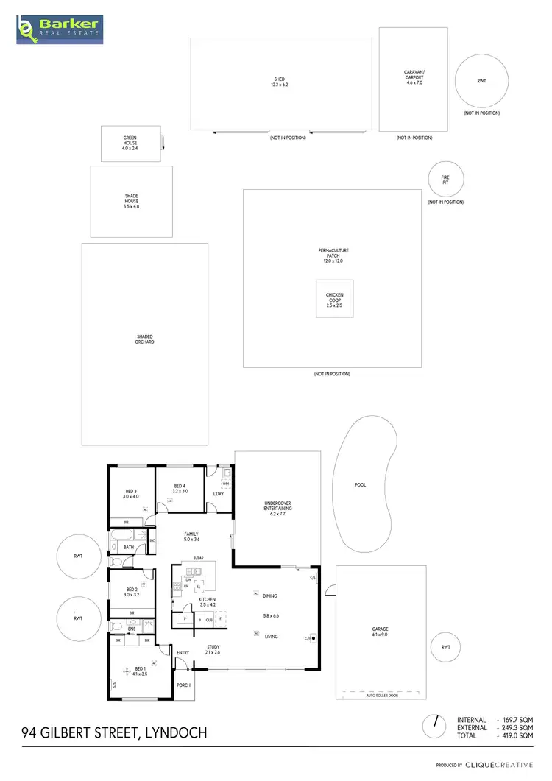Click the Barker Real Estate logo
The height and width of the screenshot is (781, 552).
[60, 30]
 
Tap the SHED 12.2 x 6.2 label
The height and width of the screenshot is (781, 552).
[279, 82]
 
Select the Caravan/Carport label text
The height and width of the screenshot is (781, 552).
[414, 77]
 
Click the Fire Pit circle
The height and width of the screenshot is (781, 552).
[445, 179]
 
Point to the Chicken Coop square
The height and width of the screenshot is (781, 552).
[335, 298]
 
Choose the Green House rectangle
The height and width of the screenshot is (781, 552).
[130, 144]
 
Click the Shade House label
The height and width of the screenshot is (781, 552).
[131, 202]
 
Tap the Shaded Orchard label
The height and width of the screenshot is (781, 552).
[144, 339]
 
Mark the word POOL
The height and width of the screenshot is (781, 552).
[360, 485]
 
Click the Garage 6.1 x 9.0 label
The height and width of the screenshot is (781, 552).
[381, 632]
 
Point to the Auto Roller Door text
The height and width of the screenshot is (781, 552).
[381, 694]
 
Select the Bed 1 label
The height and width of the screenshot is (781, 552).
[140, 671]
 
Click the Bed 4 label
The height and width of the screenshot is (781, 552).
[180, 488]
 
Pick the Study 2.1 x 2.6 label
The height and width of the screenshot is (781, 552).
[213, 649]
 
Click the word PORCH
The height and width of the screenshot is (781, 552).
[183, 685]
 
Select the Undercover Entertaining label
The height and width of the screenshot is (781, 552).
[278, 506]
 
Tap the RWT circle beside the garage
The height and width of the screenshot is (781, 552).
[445, 647]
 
